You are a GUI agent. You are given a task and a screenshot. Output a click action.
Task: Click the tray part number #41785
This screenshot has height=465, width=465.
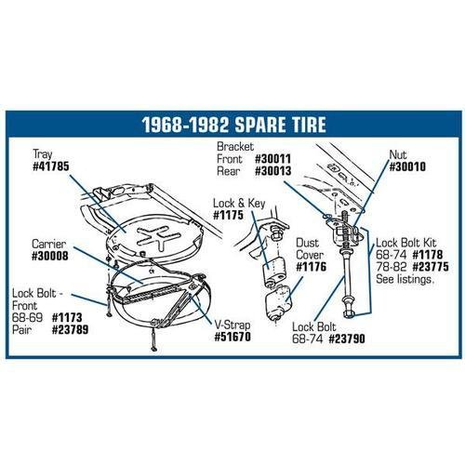click(x=51, y=166)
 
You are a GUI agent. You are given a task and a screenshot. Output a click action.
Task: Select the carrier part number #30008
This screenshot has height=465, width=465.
click(x=50, y=256)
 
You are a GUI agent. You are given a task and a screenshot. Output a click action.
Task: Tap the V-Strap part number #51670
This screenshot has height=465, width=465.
click(x=232, y=337)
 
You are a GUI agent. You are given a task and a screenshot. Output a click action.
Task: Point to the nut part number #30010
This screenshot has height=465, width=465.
click(x=407, y=167)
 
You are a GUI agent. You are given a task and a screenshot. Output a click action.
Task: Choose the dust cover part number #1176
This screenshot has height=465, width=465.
click(x=312, y=267)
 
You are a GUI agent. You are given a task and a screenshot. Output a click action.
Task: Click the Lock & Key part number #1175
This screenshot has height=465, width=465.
click(x=229, y=215)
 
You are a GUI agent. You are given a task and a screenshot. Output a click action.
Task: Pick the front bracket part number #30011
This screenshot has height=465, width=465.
click(x=272, y=159)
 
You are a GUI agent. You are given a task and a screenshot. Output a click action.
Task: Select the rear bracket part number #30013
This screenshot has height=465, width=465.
click(x=272, y=171)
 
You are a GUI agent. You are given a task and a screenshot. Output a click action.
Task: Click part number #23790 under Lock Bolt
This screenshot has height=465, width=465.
click(x=347, y=339)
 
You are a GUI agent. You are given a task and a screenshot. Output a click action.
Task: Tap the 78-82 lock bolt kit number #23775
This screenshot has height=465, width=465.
click(x=431, y=267)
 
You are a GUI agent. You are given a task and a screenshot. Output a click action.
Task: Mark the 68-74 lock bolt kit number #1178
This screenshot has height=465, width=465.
click(x=428, y=255)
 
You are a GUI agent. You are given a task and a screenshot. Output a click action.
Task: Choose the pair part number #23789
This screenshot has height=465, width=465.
click(x=70, y=329)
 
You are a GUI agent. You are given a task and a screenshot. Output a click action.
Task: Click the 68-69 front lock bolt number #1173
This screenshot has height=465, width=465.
click(x=67, y=317)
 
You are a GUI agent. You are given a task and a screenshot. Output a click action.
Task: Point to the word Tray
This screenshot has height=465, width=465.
click(x=43, y=154)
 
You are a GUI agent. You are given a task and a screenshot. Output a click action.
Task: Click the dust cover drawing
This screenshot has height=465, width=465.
click(x=278, y=303)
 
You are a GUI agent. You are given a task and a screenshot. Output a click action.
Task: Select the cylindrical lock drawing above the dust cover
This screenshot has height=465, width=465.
click(x=274, y=271)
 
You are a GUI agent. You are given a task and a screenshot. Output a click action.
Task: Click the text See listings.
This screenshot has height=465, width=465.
click(x=405, y=279)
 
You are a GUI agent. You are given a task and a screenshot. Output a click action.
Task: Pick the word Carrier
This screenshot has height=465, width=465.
click(x=49, y=244)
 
